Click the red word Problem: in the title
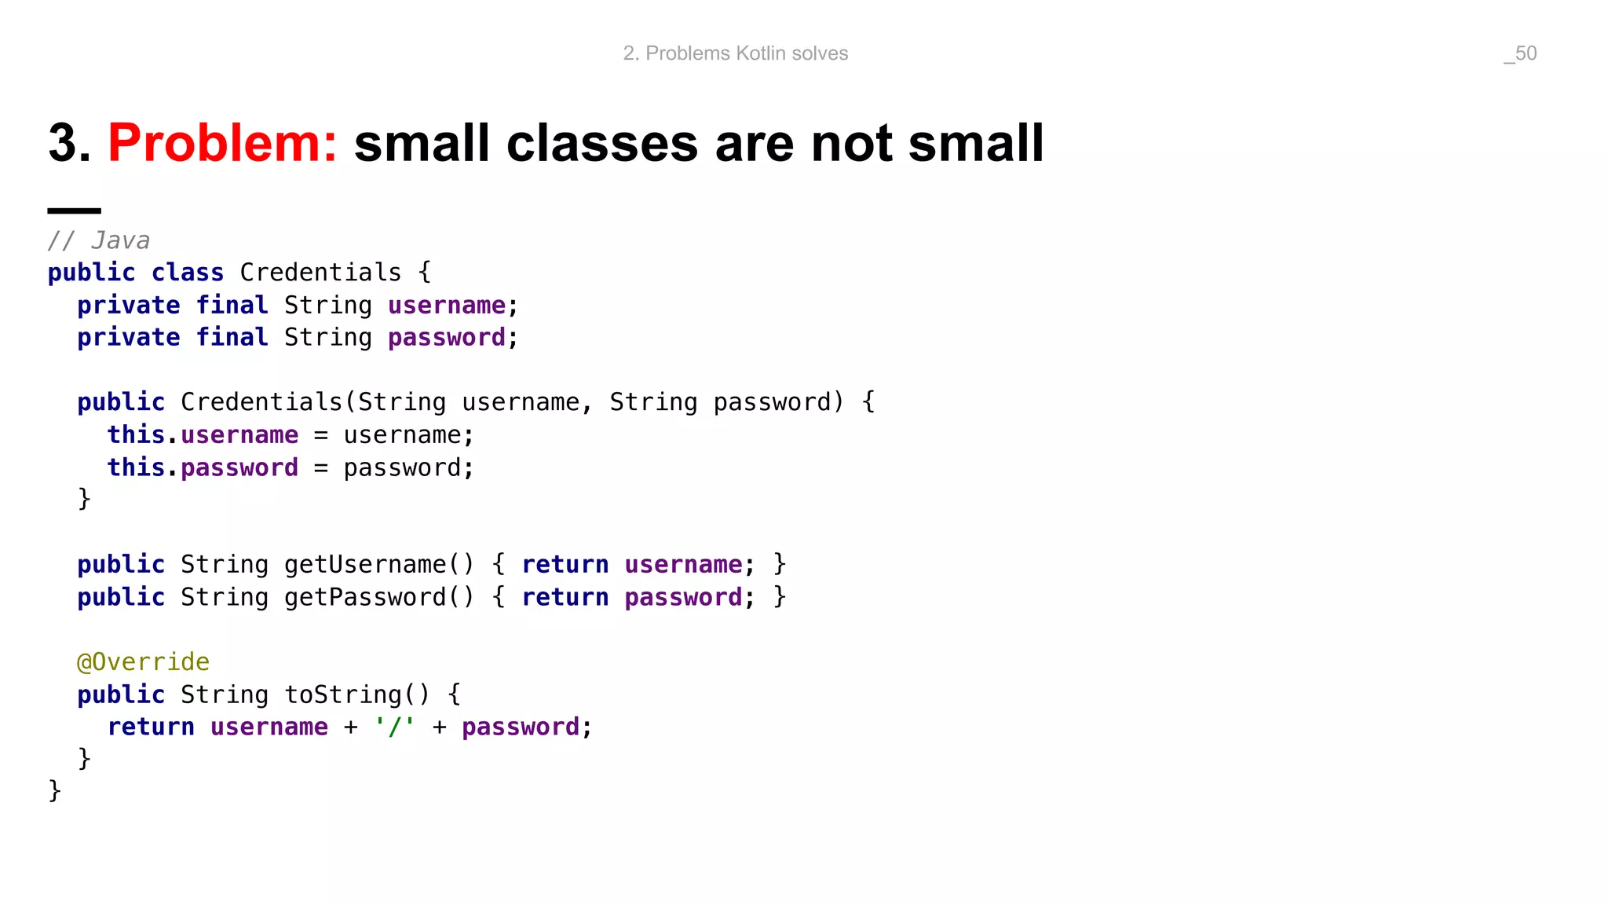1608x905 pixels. [222, 144]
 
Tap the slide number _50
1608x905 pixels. [1520, 53]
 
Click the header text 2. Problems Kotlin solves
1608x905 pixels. [735, 53]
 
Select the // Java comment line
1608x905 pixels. [99, 240]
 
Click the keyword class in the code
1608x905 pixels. [187, 273]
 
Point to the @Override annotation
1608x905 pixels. [143, 661]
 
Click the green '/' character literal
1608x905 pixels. [394, 727]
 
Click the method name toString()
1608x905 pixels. [357, 694]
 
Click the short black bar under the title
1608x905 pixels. [74, 211]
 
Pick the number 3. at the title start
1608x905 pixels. [69, 144]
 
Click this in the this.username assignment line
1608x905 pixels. [136, 434]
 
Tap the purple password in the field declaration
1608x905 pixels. [447, 338]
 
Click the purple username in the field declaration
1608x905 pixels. [447, 305]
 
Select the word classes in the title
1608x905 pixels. [602, 144]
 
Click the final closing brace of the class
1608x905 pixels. [54, 790]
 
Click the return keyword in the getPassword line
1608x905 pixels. [565, 597]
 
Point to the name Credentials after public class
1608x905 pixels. [320, 273]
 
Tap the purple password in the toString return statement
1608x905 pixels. [520, 727]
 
